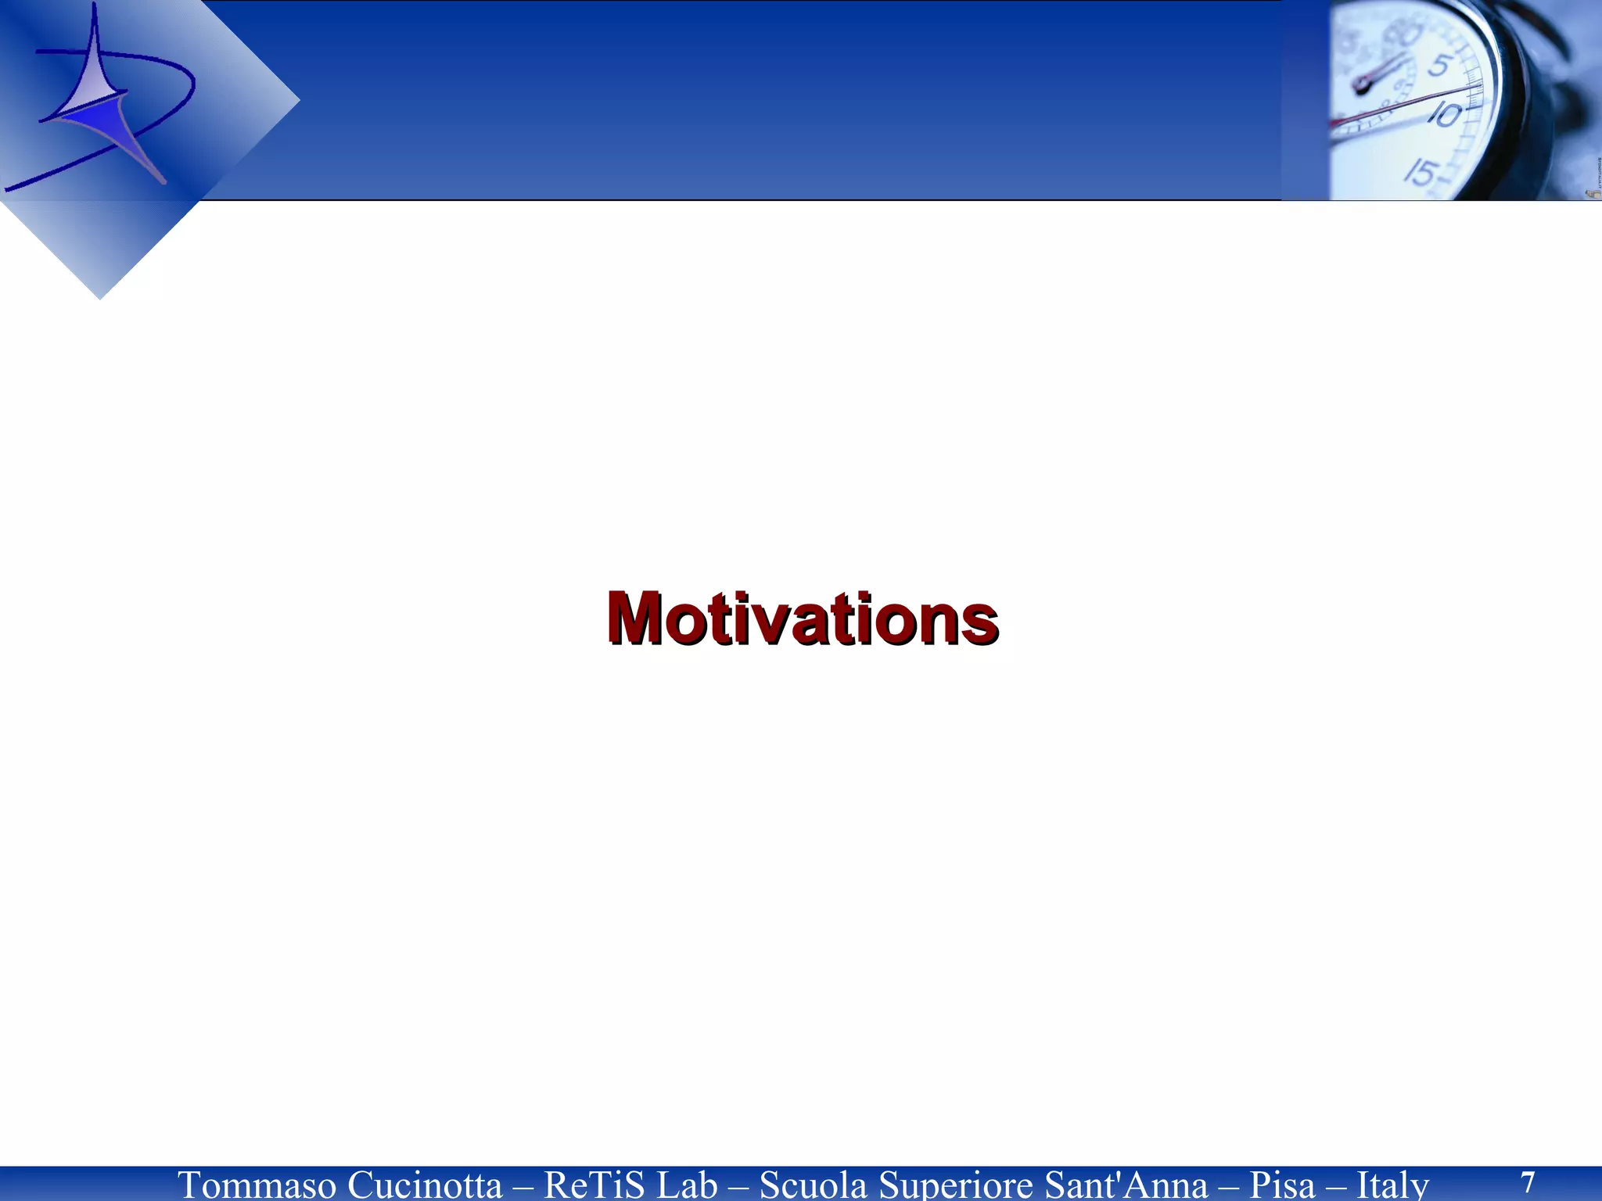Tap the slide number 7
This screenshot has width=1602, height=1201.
point(1528,1181)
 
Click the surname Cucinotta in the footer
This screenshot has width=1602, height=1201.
point(425,1185)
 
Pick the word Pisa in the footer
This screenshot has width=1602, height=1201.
point(1283,1185)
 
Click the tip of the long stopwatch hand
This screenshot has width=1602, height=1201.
point(1478,90)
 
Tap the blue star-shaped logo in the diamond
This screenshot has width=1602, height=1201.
point(98,109)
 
